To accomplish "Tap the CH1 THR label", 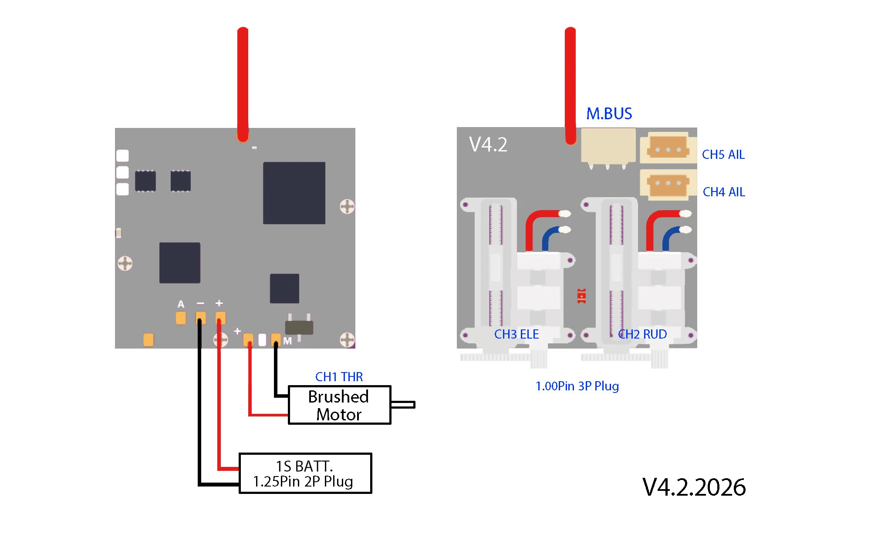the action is tap(339, 376).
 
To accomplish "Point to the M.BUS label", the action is tap(609, 114).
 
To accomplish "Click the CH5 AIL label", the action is tap(723, 154).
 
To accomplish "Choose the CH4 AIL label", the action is tap(724, 192).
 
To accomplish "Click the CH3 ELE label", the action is tap(517, 334).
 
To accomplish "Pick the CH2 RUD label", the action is tap(642, 334).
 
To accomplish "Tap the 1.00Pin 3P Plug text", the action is tap(577, 386).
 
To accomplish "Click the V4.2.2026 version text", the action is tap(694, 487).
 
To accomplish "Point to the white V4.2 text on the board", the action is tap(488, 144).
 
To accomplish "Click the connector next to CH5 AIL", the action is tap(668, 148).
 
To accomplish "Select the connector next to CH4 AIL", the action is tap(668, 185).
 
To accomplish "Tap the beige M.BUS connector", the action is tap(608, 147).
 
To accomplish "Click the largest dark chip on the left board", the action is tap(294, 193).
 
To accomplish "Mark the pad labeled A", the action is tap(181, 318).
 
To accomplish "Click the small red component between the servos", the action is tap(581, 296).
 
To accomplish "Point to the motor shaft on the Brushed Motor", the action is tap(403, 405).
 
